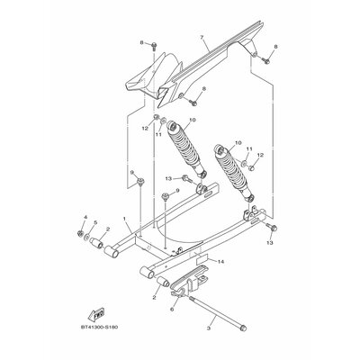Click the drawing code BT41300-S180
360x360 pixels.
99,327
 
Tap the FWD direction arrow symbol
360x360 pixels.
96,315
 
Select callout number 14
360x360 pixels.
220,262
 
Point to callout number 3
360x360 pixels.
209,328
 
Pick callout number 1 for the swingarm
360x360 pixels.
124,219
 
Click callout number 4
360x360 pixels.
85,217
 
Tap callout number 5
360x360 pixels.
95,222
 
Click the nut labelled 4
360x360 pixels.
80,233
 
